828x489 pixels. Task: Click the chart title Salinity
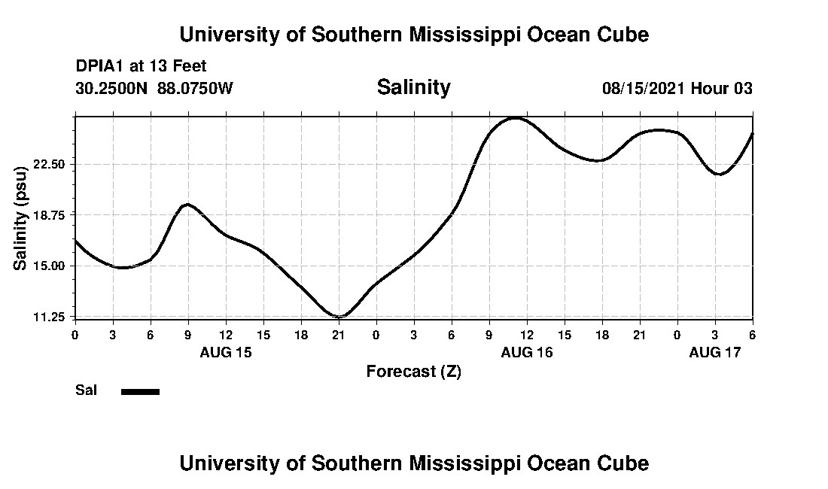click(413, 87)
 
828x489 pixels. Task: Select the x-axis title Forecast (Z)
click(413, 372)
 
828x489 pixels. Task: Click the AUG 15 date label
click(226, 352)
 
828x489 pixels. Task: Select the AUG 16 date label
click(527, 352)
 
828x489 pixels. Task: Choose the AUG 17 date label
click(715, 352)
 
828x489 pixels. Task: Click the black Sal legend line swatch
click(141, 391)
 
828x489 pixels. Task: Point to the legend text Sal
click(85, 390)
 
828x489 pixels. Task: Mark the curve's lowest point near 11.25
click(339, 317)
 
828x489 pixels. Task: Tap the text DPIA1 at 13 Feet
click(141, 67)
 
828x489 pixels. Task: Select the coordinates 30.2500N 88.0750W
click(154, 88)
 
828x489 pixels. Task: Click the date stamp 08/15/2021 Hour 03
click(677, 88)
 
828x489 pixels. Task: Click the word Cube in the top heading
click(622, 34)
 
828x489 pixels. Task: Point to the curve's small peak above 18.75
click(187, 204)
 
